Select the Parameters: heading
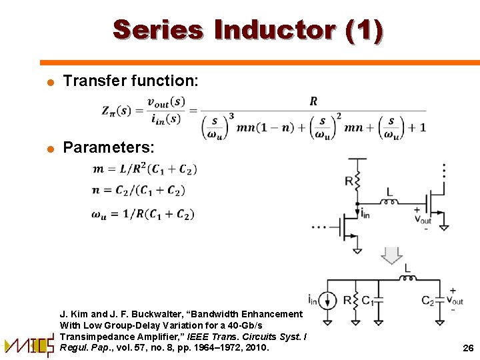tap(109, 147)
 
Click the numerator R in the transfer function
tap(313, 101)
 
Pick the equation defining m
tap(145, 169)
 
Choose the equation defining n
tap(139, 191)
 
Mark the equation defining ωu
tap(143, 214)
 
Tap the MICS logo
tap(29, 344)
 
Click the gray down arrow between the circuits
tap(393, 255)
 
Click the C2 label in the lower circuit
tap(429, 301)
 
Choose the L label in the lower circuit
tap(407, 268)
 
